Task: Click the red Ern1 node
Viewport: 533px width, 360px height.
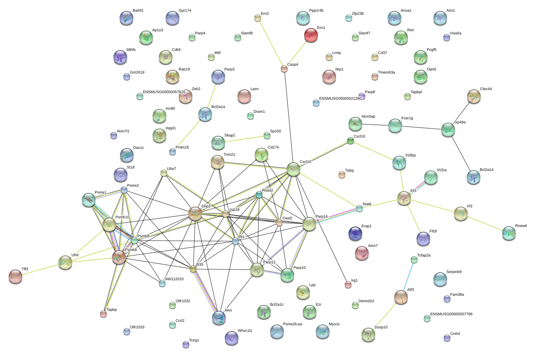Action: point(311,35)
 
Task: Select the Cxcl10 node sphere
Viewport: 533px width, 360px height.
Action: point(293,169)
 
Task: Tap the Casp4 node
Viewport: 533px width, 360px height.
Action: point(284,69)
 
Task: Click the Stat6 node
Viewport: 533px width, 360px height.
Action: point(359,208)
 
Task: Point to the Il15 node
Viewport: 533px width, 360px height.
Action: point(404,198)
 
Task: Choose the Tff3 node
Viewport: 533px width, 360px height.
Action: point(15,276)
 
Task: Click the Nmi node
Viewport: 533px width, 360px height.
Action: point(219,318)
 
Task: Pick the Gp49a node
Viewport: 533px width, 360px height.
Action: point(448,130)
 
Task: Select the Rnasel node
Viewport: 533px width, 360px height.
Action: point(509,233)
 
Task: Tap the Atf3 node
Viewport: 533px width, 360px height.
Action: point(401,297)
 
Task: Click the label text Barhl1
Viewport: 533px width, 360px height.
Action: point(138,11)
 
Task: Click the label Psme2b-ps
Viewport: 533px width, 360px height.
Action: point(292,324)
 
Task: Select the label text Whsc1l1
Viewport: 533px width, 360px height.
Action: point(245,331)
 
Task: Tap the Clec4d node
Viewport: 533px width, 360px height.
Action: point(474,97)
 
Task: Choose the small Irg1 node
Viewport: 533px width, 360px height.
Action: point(348,285)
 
